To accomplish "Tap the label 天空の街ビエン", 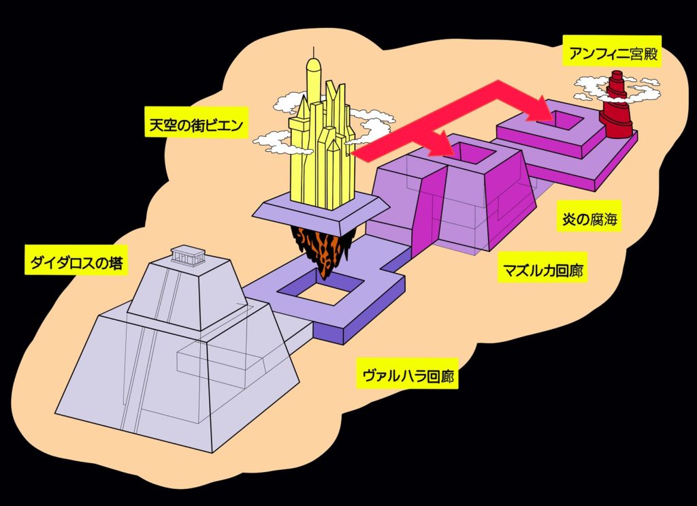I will pyautogui.click(x=196, y=125).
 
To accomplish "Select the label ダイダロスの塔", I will pyautogui.click(x=76, y=262).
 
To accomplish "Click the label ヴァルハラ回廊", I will pyautogui.click(x=407, y=375).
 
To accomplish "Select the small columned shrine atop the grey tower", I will pyautogui.click(x=187, y=255).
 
